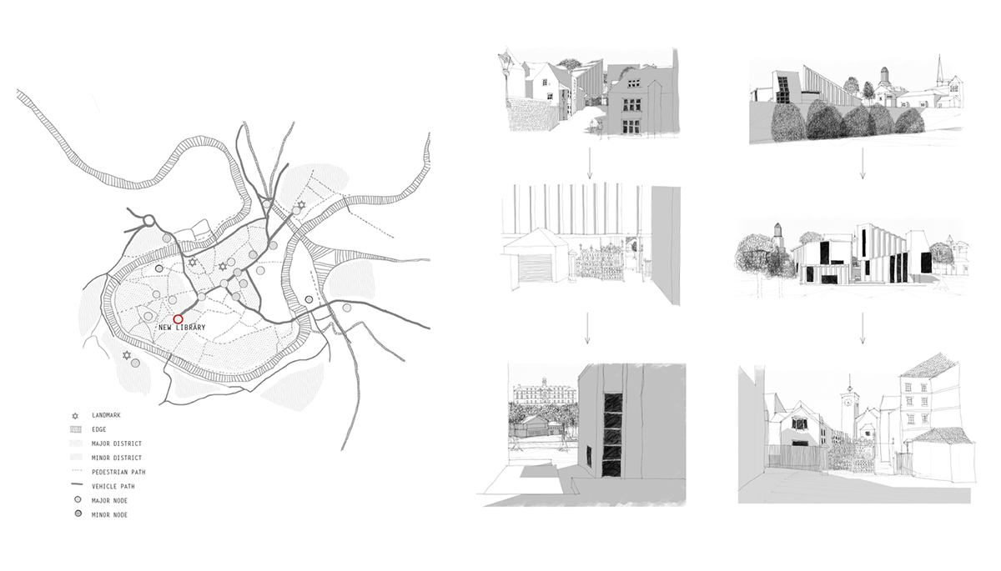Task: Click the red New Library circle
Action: pyautogui.click(x=178, y=319)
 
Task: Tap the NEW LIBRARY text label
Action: pyautogui.click(x=182, y=328)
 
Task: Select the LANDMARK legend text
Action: pyautogui.click(x=107, y=415)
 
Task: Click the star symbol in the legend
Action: pyautogui.click(x=75, y=416)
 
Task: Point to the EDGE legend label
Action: pyautogui.click(x=99, y=429)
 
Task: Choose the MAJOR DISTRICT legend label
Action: pyautogui.click(x=117, y=443)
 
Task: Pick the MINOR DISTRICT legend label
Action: pyautogui.click(x=117, y=458)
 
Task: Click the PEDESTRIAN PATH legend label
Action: pyautogui.click(x=118, y=473)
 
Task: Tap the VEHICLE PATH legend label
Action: pyautogui.click(x=113, y=487)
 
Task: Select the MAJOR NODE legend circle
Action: pyautogui.click(x=78, y=500)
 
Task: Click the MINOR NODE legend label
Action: pyautogui.click(x=109, y=515)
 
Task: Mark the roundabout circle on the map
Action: pyautogui.click(x=148, y=221)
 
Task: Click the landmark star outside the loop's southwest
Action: pyautogui.click(x=127, y=356)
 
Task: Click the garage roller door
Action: pyautogui.click(x=535, y=268)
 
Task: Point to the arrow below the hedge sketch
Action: pyautogui.click(x=863, y=163)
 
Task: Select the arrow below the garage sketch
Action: pyautogui.click(x=587, y=328)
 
